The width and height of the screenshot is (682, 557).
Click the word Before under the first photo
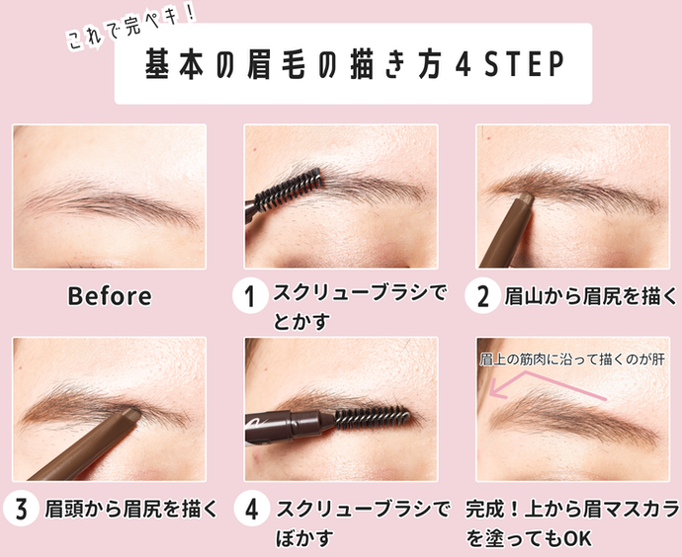[110, 296]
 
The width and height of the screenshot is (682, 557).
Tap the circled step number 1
[250, 296]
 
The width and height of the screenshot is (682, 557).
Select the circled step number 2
[482, 296]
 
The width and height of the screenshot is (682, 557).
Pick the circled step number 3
[20, 509]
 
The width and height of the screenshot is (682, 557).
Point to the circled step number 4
[251, 509]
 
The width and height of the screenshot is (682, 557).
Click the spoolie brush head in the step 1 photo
[289, 190]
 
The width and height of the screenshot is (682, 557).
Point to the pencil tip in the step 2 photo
[526, 199]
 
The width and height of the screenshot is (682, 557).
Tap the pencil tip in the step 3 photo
[132, 413]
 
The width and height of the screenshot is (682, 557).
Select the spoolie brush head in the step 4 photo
[372, 417]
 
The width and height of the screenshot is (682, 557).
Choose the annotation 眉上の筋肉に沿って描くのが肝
[572, 359]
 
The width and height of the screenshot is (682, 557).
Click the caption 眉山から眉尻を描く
[590, 296]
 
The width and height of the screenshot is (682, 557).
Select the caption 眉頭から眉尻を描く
[130, 510]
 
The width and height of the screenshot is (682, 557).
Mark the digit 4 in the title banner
[464, 64]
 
